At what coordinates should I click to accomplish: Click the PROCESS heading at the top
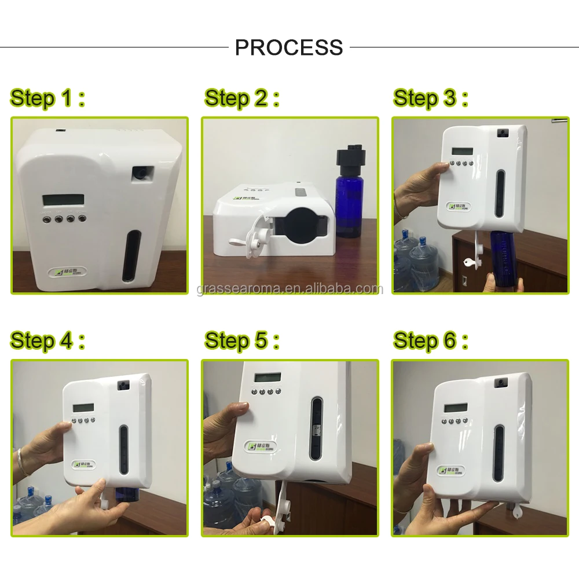tap(289, 47)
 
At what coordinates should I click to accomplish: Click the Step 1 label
tap(47, 98)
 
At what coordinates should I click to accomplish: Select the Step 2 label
tap(241, 98)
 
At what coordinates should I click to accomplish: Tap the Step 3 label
tap(430, 98)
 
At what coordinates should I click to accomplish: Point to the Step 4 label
tap(47, 340)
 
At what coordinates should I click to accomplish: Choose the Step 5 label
tap(241, 340)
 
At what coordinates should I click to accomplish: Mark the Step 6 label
tap(430, 340)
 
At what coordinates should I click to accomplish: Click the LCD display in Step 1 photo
tap(63, 200)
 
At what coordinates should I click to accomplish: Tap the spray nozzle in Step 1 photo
tap(141, 173)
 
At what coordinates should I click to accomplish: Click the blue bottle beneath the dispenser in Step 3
tap(505, 258)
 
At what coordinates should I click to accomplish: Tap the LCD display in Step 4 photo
tap(83, 407)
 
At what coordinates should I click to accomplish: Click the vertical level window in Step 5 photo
tap(316, 428)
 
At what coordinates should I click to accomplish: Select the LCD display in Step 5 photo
tap(267, 377)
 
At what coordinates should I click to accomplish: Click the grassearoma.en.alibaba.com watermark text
tap(289, 289)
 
